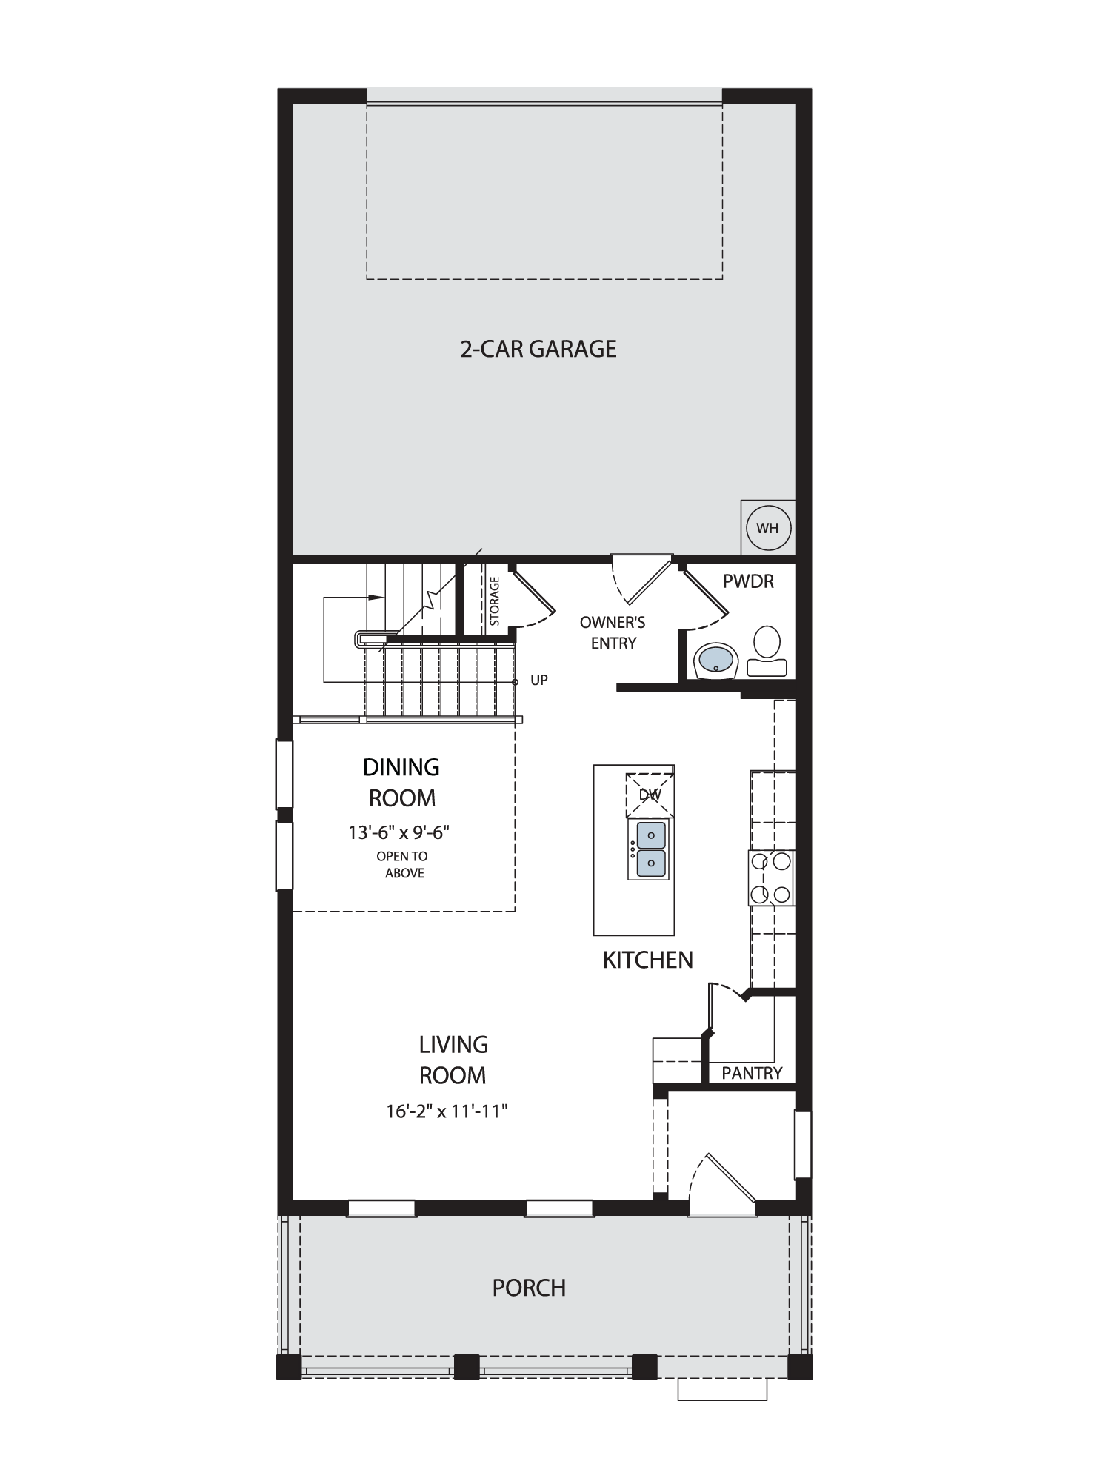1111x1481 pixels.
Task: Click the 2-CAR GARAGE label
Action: click(x=538, y=348)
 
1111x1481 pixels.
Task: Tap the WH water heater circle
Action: click(x=768, y=528)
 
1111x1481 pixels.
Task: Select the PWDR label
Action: click(x=748, y=581)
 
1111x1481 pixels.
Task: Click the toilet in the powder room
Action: click(x=767, y=651)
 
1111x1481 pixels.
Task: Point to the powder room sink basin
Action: click(x=715, y=659)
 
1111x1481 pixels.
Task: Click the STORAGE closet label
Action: click(x=495, y=601)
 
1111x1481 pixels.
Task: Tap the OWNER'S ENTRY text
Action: click(x=613, y=633)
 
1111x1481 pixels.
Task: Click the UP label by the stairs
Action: click(x=539, y=680)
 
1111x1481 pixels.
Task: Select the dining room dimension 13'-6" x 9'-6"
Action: click(x=399, y=832)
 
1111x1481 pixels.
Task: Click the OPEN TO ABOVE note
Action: click(x=403, y=864)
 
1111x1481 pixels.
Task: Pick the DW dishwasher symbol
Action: click(x=650, y=795)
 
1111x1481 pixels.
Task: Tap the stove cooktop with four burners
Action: click(x=771, y=878)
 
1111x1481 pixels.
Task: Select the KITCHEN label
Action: click(x=648, y=960)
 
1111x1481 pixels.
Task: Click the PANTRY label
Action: click(x=752, y=1073)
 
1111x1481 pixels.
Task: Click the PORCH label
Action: click(x=529, y=1288)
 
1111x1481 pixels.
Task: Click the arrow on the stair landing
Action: click(x=376, y=597)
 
